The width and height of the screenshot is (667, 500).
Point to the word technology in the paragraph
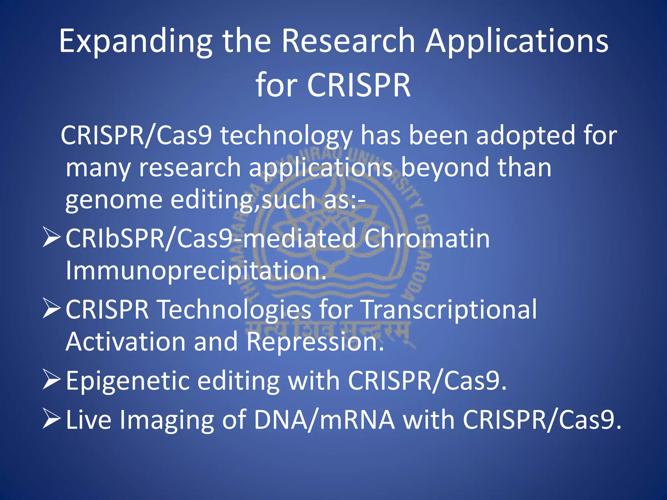tap(286, 136)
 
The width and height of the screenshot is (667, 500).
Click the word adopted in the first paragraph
tap(525, 135)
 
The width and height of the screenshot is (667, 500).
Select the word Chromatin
tap(427, 239)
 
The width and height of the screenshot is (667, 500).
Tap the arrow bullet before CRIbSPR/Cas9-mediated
tap(51, 238)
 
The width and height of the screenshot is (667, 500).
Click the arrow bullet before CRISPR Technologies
tap(51, 309)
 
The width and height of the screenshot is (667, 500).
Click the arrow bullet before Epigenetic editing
tap(51, 380)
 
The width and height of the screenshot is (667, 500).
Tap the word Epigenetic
tap(128, 381)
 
